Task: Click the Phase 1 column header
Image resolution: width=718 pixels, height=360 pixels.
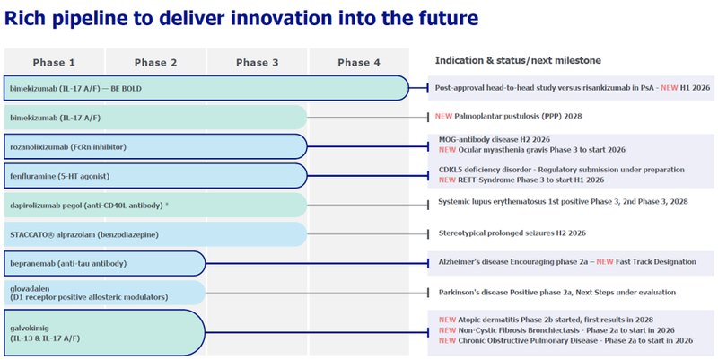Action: (x=55, y=62)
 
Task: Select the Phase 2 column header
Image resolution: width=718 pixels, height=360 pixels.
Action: (x=156, y=62)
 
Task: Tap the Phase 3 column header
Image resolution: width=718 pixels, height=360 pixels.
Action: (x=258, y=62)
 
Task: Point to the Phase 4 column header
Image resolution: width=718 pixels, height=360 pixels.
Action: (x=359, y=62)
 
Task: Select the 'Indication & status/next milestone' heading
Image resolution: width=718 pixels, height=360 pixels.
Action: (x=518, y=60)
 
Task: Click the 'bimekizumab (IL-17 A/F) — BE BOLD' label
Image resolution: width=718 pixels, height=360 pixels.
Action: (x=75, y=89)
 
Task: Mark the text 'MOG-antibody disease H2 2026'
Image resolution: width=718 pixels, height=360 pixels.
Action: (x=493, y=140)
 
